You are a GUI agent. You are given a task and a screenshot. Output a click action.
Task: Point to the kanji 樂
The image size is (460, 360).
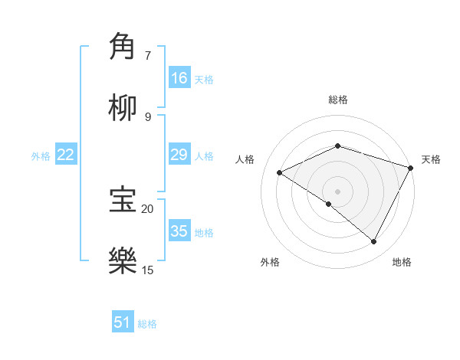pos(123,260)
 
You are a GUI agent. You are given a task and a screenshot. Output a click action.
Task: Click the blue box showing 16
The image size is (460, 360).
pos(179,78)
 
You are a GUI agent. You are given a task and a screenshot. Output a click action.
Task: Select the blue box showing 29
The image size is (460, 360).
pos(179,155)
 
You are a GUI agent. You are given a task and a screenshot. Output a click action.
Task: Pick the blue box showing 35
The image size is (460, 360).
pos(179,231)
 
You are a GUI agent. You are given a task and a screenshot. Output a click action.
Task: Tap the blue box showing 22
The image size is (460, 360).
pos(66,155)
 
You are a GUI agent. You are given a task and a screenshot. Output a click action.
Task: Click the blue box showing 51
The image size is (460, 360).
pos(123,322)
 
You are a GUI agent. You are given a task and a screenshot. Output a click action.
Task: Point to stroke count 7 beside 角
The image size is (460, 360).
pos(148,55)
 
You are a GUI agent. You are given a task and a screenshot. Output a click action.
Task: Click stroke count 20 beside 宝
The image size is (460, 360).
pos(148,208)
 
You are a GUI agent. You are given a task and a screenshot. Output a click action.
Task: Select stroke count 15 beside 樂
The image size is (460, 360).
pos(148,270)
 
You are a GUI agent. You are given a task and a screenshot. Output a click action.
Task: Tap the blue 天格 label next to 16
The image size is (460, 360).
pos(204,79)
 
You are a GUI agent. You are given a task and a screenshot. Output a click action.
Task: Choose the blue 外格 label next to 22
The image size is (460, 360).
pos(41,155)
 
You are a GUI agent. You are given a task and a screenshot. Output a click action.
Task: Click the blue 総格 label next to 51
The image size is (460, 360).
pos(147,323)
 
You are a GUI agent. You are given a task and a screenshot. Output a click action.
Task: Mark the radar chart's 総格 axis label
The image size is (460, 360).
pos(338,100)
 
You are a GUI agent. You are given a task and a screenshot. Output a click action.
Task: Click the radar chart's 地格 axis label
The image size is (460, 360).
pos(402,262)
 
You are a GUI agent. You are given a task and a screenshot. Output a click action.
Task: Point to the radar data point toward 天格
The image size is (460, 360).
pos(412,168)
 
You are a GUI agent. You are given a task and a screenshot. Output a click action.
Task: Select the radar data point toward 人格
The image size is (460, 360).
pos(280,173)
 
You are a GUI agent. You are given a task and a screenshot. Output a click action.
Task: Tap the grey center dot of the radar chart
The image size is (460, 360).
pos(337,191)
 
